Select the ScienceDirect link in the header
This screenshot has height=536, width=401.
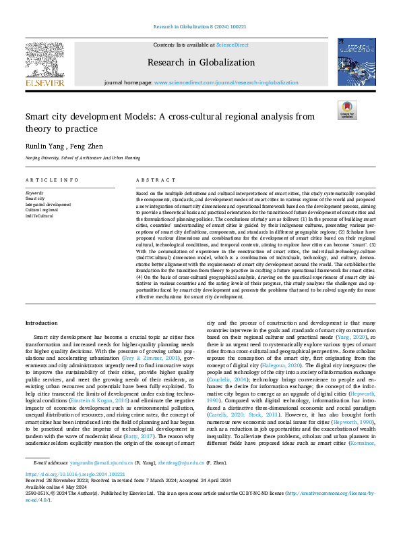(x=233, y=45)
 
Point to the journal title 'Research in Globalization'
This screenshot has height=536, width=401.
(x=200, y=62)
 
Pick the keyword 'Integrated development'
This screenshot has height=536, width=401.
(x=48, y=204)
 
